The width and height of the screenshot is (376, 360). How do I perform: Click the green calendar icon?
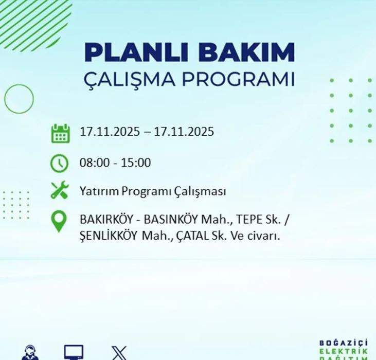click(x=60, y=133)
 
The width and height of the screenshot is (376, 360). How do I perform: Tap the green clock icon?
click(x=60, y=163)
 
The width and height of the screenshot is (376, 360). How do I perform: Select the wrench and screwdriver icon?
click(x=60, y=191)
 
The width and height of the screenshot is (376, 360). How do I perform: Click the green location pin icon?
click(x=60, y=222)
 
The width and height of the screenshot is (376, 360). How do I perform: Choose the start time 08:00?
click(x=93, y=163)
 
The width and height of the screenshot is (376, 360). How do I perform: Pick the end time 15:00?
click(x=136, y=163)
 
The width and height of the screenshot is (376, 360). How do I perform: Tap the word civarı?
click(x=267, y=236)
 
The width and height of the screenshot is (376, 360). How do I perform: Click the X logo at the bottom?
click(x=119, y=353)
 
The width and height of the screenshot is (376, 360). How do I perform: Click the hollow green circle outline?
click(x=19, y=98)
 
